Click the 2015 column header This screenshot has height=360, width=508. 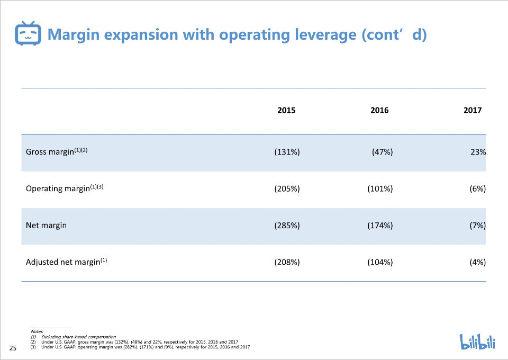286,110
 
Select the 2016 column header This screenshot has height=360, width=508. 379,110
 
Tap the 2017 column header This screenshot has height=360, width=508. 473,110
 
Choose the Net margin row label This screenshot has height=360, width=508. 46,225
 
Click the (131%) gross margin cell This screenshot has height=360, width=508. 287,151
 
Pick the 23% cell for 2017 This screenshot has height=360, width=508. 478,151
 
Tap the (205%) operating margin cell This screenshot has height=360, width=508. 287,188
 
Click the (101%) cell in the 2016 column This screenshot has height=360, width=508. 380,188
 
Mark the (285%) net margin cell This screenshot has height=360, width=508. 287,225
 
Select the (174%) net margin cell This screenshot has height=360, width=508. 380,225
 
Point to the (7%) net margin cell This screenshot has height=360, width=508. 478,225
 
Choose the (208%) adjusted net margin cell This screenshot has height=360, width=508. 287,262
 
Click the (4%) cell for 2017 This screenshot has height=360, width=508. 478,262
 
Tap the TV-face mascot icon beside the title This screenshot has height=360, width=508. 28,33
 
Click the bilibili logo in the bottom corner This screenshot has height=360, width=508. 477,341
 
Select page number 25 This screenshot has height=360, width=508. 13,348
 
